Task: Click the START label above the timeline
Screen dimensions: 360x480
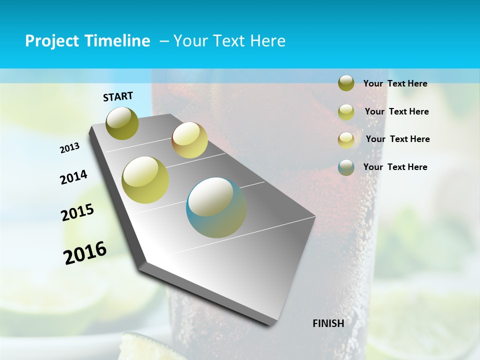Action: tap(118, 96)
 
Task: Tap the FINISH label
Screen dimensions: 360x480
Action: tap(328, 323)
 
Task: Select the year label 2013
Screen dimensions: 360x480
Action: tap(69, 148)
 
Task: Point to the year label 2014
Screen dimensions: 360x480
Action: tap(73, 177)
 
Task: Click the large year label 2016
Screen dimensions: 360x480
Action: tap(85, 253)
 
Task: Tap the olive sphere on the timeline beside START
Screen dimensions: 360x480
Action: tap(122, 123)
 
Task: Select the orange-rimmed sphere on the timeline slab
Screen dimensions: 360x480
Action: tap(189, 140)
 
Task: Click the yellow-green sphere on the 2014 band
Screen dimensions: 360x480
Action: tap(145, 180)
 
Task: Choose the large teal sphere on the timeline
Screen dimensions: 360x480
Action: tap(216, 207)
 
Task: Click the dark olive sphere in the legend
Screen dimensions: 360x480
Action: tap(346, 83)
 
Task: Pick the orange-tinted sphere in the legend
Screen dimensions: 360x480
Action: tap(346, 140)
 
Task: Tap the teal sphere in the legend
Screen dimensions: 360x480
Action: tap(346, 167)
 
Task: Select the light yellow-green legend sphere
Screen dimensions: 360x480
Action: tap(346, 112)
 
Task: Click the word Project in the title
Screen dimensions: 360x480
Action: tap(53, 41)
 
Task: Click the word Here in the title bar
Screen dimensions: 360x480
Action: tap(268, 41)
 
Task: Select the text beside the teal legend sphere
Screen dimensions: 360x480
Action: tap(395, 167)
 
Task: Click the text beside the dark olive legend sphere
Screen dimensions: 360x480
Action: tap(395, 83)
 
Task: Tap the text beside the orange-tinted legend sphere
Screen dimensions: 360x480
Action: tap(397, 139)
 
